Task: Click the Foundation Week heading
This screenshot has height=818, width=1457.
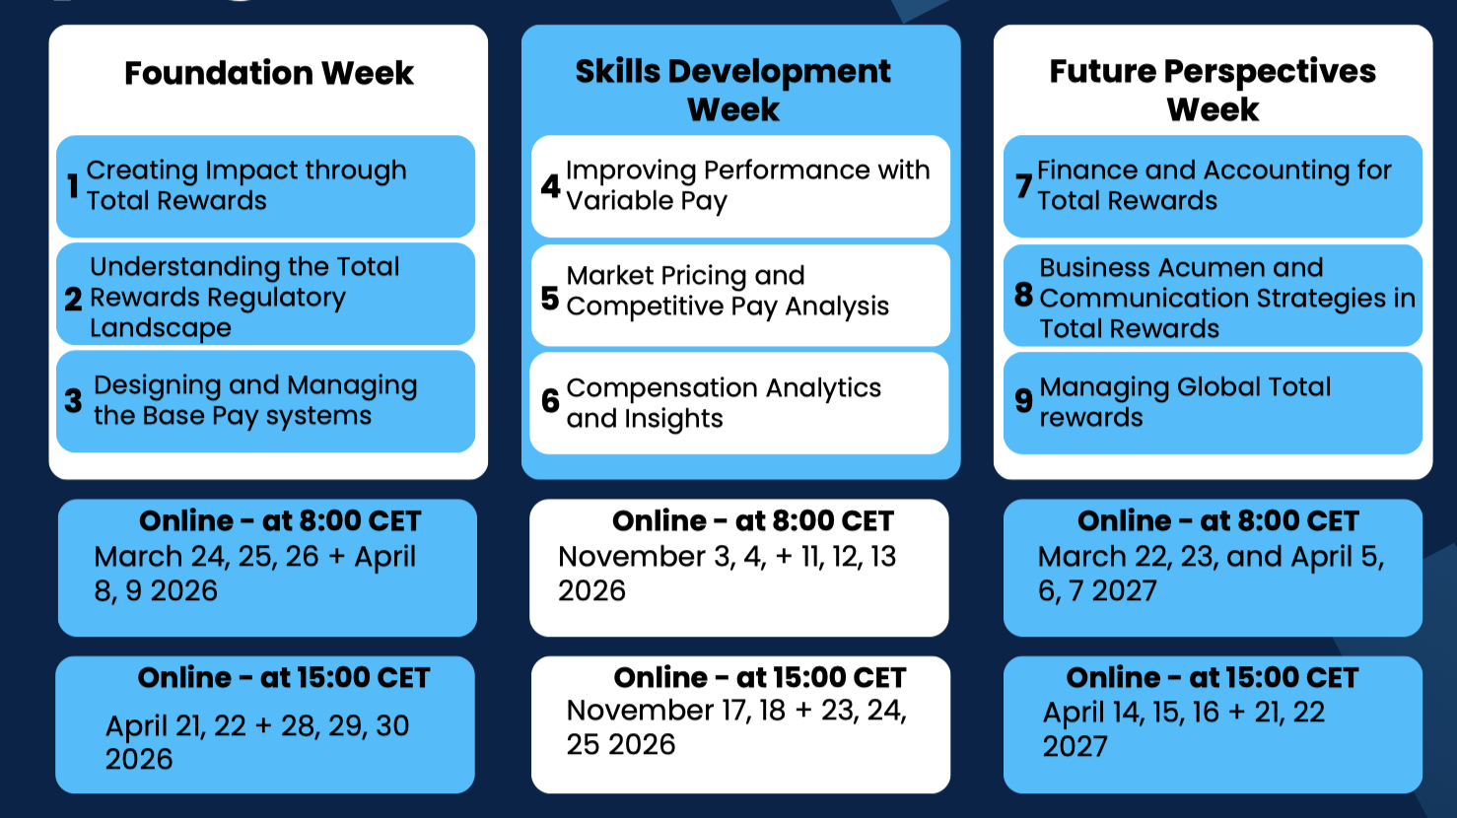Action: [x=269, y=73]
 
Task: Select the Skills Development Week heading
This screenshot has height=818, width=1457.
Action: [x=733, y=90]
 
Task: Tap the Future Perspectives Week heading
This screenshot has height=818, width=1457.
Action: [x=1213, y=90]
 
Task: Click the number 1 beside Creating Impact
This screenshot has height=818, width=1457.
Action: [x=73, y=186]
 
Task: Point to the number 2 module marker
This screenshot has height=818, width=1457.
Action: [x=74, y=299]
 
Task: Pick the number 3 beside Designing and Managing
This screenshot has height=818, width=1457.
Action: [x=74, y=400]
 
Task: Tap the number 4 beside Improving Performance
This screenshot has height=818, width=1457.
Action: [x=550, y=186]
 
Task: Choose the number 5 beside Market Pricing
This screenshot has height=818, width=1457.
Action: [x=550, y=299]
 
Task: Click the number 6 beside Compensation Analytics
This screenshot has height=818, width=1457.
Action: [x=550, y=400]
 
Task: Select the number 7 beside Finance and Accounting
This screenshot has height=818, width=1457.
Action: [x=1024, y=186]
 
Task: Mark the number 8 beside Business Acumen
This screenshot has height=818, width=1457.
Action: [x=1024, y=295]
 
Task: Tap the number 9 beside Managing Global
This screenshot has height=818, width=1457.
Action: [x=1024, y=400]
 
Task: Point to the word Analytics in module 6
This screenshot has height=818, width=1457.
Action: [x=823, y=388]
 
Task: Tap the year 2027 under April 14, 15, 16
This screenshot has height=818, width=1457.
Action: [x=1075, y=746]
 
